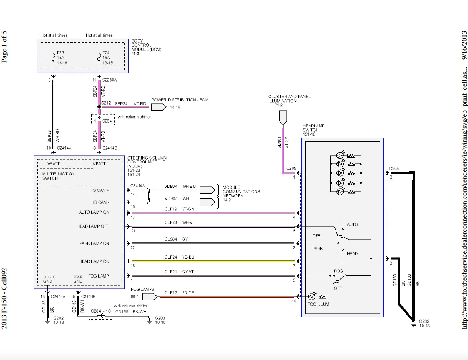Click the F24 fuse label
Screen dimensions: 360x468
pos(106,52)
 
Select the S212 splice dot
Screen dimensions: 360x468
pos(99,107)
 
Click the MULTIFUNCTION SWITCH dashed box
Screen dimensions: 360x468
pos(66,176)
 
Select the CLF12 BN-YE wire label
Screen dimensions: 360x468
pos(179,293)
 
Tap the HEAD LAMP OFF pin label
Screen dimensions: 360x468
pos(93,226)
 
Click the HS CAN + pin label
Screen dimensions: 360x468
pos(100,190)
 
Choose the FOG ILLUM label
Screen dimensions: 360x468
pos(318,304)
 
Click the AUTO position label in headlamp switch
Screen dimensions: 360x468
pos(352,224)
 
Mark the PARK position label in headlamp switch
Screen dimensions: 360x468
pos(318,249)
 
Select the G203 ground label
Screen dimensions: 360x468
pos(160,320)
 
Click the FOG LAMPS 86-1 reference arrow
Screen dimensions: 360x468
pos(148,297)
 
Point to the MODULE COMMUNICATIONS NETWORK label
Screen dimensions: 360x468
pos(241,191)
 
